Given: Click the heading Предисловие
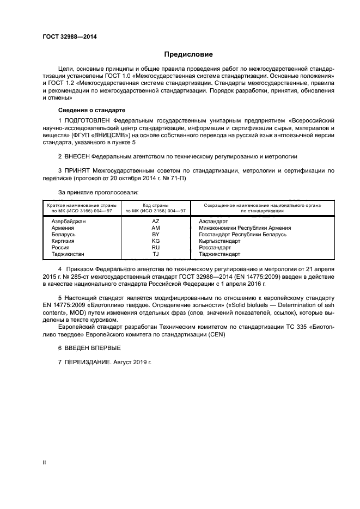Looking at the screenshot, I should tap(188, 54).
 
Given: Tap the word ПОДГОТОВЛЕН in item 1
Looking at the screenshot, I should tap(87, 120).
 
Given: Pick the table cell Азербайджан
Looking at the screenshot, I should tap(69, 222).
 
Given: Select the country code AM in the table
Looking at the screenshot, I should tap(156, 228).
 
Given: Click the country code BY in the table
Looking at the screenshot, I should tap(156, 235).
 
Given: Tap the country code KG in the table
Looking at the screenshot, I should tap(156, 241).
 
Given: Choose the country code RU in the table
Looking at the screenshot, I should tap(156, 248).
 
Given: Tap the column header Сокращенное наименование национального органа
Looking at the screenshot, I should tap(262, 205).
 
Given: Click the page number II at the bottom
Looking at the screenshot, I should tap(44, 462).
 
